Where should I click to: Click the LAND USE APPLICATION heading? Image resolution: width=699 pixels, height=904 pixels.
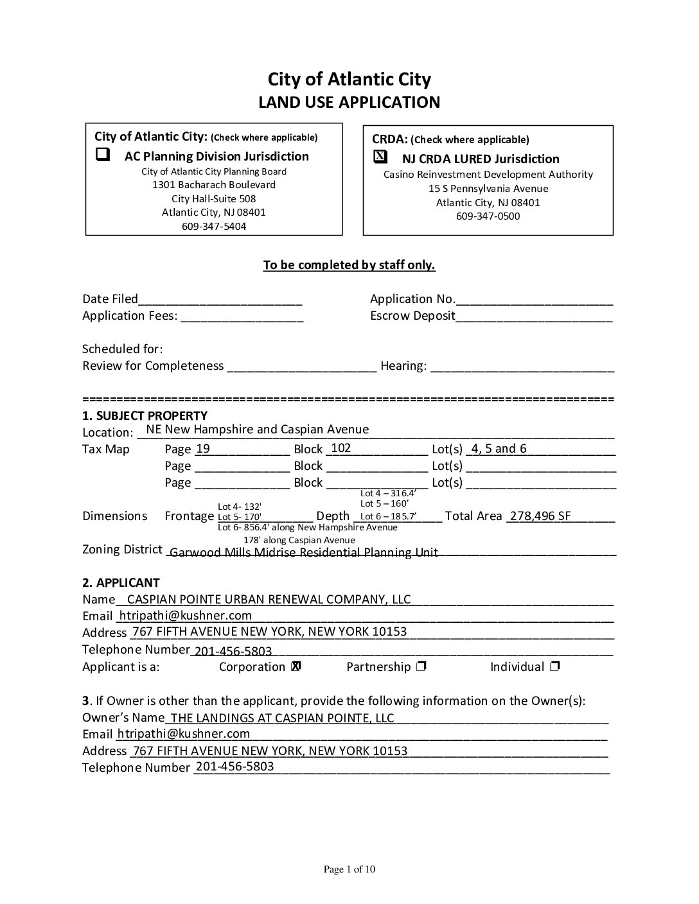(x=349, y=103)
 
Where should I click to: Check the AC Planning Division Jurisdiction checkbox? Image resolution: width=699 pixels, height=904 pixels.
(x=103, y=155)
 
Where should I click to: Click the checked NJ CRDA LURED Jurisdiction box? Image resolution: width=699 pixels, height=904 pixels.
(x=380, y=157)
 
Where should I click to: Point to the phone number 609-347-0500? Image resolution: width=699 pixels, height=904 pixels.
(x=488, y=216)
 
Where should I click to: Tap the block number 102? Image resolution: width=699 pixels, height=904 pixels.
(x=341, y=448)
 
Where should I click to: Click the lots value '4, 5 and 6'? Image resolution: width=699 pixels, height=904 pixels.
(x=499, y=449)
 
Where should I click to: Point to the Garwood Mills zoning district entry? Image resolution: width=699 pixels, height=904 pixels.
(x=304, y=552)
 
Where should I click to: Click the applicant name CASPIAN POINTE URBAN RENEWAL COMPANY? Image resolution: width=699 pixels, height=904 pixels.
(x=269, y=600)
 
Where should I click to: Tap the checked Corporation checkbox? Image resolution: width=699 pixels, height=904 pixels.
(x=296, y=667)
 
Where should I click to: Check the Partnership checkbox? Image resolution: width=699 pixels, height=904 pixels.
(x=421, y=667)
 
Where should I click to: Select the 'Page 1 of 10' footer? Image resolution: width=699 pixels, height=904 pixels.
(x=349, y=870)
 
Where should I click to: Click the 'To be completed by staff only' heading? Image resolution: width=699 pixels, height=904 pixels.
(x=349, y=265)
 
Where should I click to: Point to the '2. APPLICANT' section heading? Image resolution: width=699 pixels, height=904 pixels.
(x=121, y=583)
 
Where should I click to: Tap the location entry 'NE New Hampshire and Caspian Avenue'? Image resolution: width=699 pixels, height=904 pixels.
(x=258, y=430)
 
